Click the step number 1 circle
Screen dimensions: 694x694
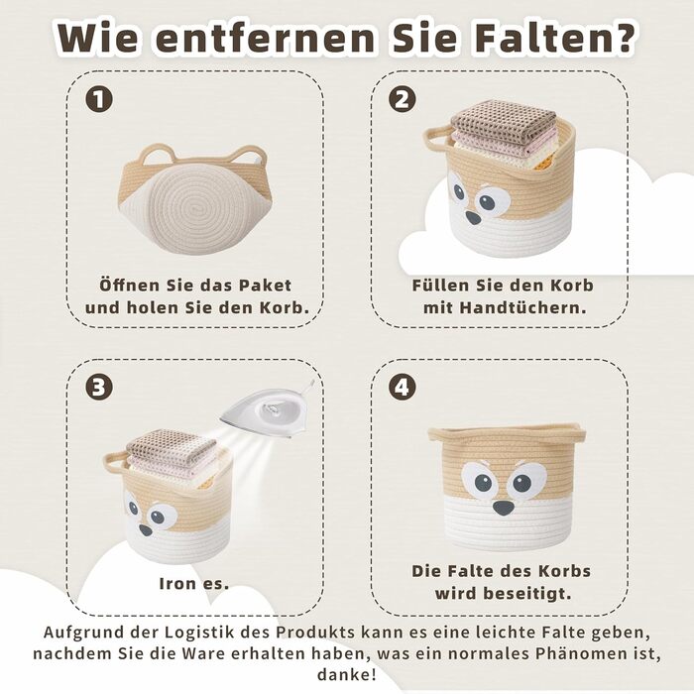[x=99, y=99]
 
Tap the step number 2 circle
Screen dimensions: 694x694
[x=403, y=99]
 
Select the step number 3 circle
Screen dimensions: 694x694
[x=99, y=387]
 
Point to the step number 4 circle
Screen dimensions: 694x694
[x=403, y=387]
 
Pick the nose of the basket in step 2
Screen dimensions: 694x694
[x=473, y=217]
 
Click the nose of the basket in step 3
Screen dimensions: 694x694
[x=146, y=529]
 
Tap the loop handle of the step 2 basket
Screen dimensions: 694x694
[x=437, y=138]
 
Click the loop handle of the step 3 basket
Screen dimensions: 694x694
[x=116, y=463]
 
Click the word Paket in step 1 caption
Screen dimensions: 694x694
[x=266, y=286]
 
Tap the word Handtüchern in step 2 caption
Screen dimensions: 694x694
[x=523, y=308]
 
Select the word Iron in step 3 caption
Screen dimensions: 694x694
[x=177, y=584]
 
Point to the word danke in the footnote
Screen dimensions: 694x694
[x=347, y=675]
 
